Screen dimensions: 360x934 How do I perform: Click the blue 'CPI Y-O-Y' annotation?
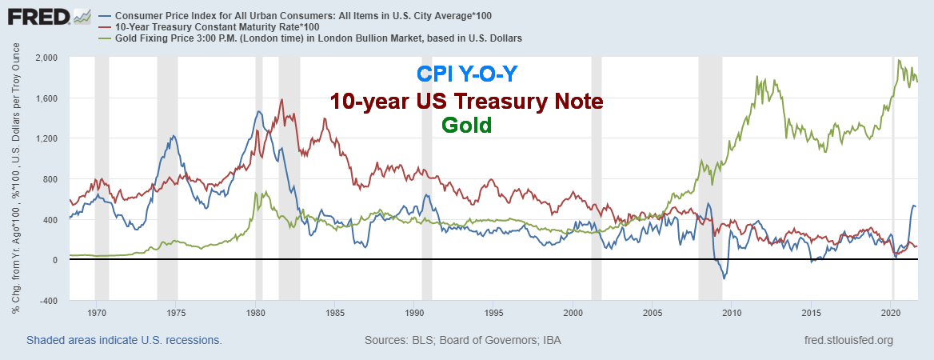pos(467,74)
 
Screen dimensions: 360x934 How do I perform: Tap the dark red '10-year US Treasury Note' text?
pos(467,102)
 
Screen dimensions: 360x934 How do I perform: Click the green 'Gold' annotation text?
pos(467,126)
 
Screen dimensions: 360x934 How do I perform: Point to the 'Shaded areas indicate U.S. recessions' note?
pos(124,340)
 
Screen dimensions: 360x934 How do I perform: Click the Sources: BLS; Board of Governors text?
pos(462,340)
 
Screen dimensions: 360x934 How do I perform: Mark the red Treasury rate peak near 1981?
pos(281,100)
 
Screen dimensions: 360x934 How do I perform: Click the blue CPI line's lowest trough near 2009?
pos(724,278)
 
